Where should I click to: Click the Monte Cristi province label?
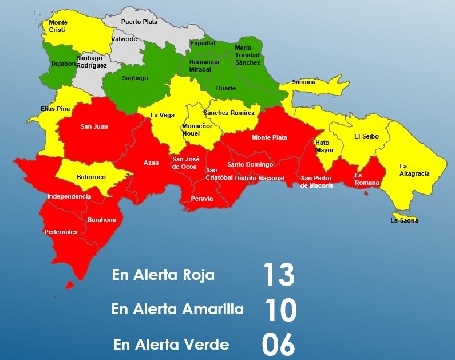58,26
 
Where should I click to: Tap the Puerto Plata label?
139,22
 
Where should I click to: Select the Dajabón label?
64,65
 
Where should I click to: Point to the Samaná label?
304,82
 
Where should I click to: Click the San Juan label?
94,126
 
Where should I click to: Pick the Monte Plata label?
270,137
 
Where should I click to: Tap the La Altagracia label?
414,170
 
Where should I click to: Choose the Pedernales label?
61,232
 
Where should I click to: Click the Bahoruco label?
91,177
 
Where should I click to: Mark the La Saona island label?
404,220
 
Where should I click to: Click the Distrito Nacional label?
259,178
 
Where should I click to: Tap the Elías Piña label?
55,109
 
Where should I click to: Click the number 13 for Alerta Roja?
278,275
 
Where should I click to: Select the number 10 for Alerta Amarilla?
280,310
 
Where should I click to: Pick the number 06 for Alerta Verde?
278,345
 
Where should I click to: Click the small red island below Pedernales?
70,284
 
